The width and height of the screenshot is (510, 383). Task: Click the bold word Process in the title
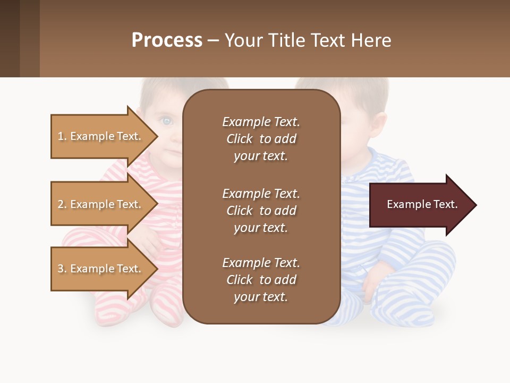[167, 40]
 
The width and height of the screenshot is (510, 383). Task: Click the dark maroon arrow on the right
[420, 205]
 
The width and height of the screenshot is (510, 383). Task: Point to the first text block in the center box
[261, 139]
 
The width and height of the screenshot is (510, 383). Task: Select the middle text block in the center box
[261, 211]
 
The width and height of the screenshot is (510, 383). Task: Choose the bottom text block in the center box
[261, 280]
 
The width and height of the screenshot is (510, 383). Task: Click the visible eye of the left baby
[167, 121]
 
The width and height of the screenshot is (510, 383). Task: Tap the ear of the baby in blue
[378, 123]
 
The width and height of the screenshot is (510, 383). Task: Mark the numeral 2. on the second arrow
[62, 204]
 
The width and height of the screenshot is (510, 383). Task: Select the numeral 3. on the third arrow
[62, 269]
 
